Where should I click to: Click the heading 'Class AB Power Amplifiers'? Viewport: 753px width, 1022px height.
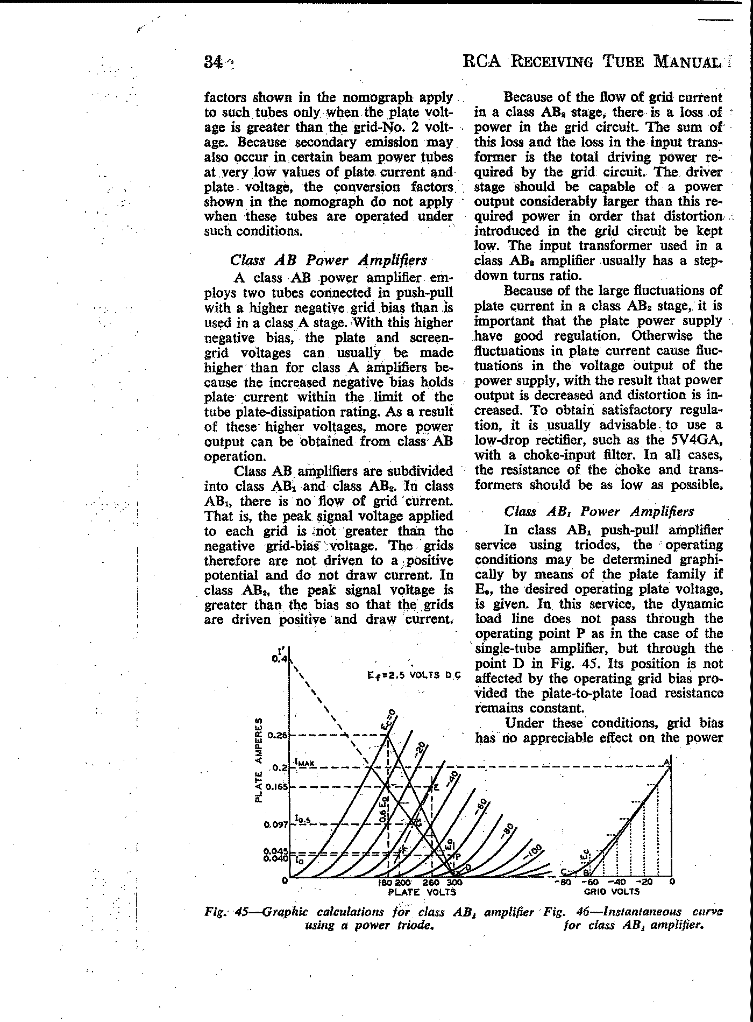(x=328, y=260)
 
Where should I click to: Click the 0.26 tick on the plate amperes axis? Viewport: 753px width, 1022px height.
(x=278, y=735)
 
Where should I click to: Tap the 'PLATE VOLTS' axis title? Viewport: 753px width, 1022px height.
(x=422, y=892)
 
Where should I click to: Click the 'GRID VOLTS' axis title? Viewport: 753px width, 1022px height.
(x=612, y=891)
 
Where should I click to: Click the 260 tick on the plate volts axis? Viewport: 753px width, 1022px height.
(x=431, y=883)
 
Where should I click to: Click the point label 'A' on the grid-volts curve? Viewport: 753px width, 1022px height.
(x=667, y=762)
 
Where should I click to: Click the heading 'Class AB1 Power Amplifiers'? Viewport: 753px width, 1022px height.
(x=599, y=511)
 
